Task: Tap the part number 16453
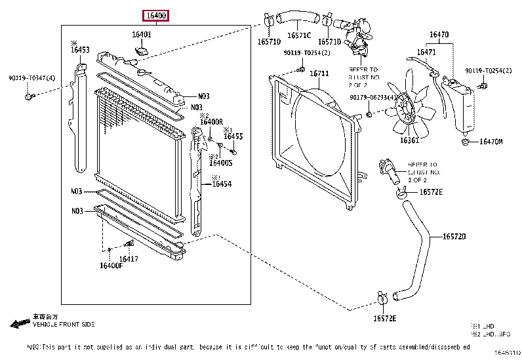(x=80, y=49)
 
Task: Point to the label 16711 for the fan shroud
(x=319, y=73)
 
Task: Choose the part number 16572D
(x=454, y=237)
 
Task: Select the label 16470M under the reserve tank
(x=491, y=142)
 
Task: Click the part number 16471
(x=427, y=52)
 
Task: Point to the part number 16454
(x=221, y=184)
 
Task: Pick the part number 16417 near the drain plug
(x=129, y=259)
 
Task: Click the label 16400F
(x=111, y=266)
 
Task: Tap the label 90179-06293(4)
(x=372, y=97)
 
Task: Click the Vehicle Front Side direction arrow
(x=20, y=324)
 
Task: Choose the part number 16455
(x=233, y=136)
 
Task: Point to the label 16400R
(x=211, y=122)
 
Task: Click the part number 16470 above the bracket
(x=439, y=34)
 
